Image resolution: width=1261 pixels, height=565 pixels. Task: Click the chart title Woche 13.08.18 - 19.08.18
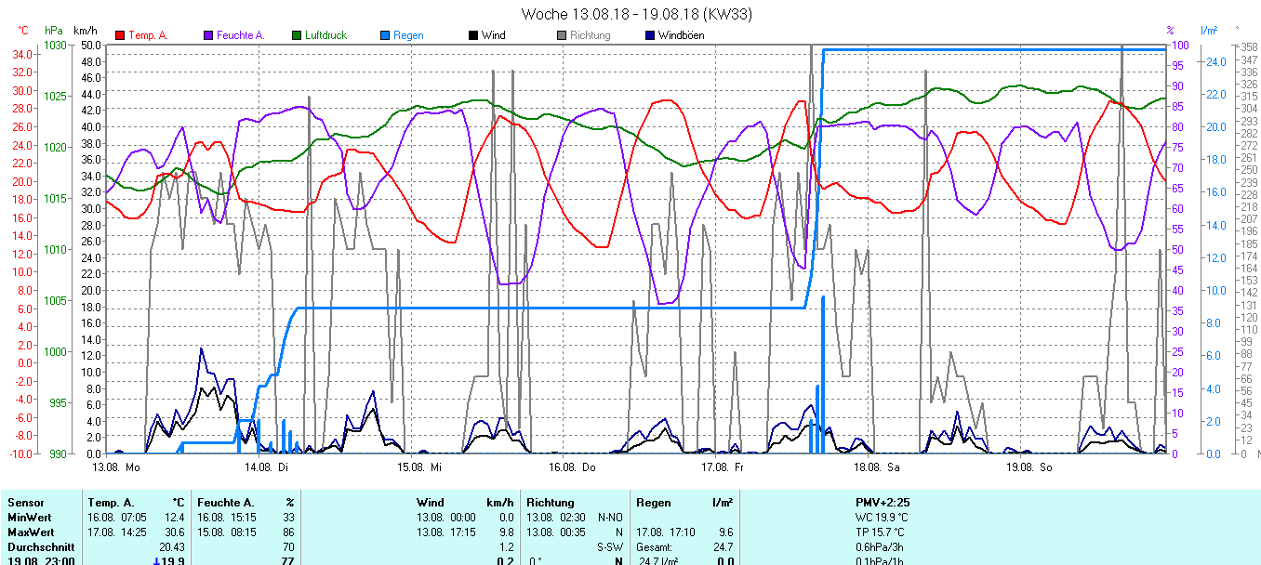point(636,14)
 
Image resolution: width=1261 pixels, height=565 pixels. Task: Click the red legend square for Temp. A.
point(120,35)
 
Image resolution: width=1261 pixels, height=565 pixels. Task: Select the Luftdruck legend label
point(325,35)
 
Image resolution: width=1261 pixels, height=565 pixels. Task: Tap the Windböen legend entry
point(681,35)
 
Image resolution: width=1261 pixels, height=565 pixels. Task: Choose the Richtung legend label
point(591,35)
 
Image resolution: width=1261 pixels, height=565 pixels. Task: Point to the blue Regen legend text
point(408,35)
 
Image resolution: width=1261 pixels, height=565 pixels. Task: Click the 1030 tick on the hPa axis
point(56,46)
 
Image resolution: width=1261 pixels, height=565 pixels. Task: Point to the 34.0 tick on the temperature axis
point(21,55)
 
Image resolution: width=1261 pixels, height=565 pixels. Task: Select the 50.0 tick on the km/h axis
point(91,46)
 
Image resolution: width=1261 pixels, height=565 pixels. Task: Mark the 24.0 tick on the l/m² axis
point(1215,61)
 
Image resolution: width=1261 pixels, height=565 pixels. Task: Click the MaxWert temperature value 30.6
point(173,532)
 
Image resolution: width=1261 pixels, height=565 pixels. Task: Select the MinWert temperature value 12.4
point(173,517)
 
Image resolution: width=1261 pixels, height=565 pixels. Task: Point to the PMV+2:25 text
point(883,502)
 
